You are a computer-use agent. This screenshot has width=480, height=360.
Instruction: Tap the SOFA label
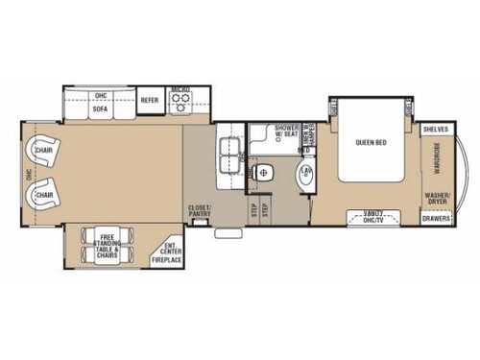100,109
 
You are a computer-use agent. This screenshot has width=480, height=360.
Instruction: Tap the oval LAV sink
306,176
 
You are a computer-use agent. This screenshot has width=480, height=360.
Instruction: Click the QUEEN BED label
372,142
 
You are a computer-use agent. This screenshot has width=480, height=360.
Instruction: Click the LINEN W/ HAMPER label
306,138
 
